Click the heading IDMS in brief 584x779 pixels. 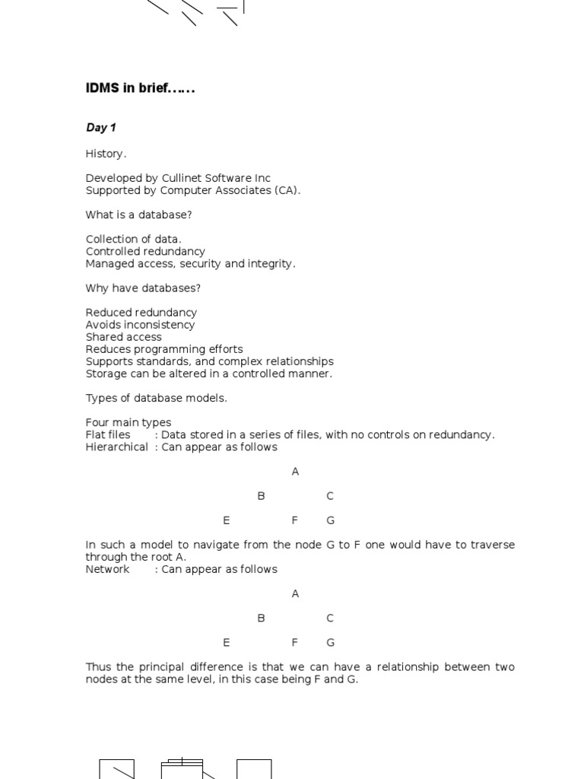pos(140,88)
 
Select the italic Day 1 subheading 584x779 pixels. pos(100,128)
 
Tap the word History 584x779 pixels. pos(105,154)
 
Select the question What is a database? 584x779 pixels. pos(138,215)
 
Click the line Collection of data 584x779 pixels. pos(133,239)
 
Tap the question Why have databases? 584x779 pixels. pos(143,288)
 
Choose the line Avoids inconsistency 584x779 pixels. pos(140,325)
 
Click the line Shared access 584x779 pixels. pos(123,337)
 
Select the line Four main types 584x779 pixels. pos(128,422)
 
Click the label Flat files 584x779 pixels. pos(107,434)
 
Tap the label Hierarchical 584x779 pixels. pos(116,447)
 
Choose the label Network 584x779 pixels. pos(107,569)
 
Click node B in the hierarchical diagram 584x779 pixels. pos(261,496)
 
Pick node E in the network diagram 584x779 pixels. pos(226,642)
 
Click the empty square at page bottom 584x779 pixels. pos(254,769)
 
